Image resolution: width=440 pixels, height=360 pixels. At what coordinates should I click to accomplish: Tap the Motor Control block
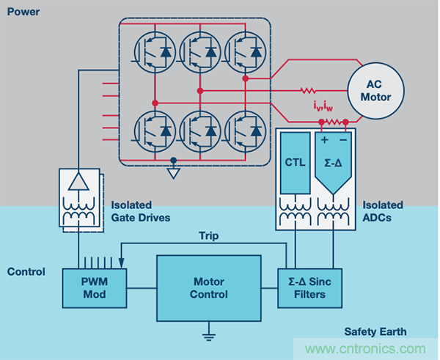tap(210, 287)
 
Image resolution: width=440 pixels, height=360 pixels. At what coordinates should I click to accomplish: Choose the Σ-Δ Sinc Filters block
tap(312, 287)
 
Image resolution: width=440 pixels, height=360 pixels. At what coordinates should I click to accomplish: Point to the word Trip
tap(210, 236)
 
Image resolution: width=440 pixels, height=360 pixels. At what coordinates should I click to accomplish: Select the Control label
tap(26, 272)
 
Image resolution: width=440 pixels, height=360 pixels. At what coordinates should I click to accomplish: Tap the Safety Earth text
tap(375, 331)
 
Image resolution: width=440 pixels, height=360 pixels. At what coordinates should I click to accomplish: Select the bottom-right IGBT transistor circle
tap(245, 130)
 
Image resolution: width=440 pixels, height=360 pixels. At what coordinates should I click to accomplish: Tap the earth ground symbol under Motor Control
tap(210, 337)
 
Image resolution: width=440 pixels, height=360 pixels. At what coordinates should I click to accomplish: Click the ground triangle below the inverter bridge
tap(173, 174)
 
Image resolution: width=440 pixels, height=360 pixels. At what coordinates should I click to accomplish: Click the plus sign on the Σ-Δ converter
tap(324, 139)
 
